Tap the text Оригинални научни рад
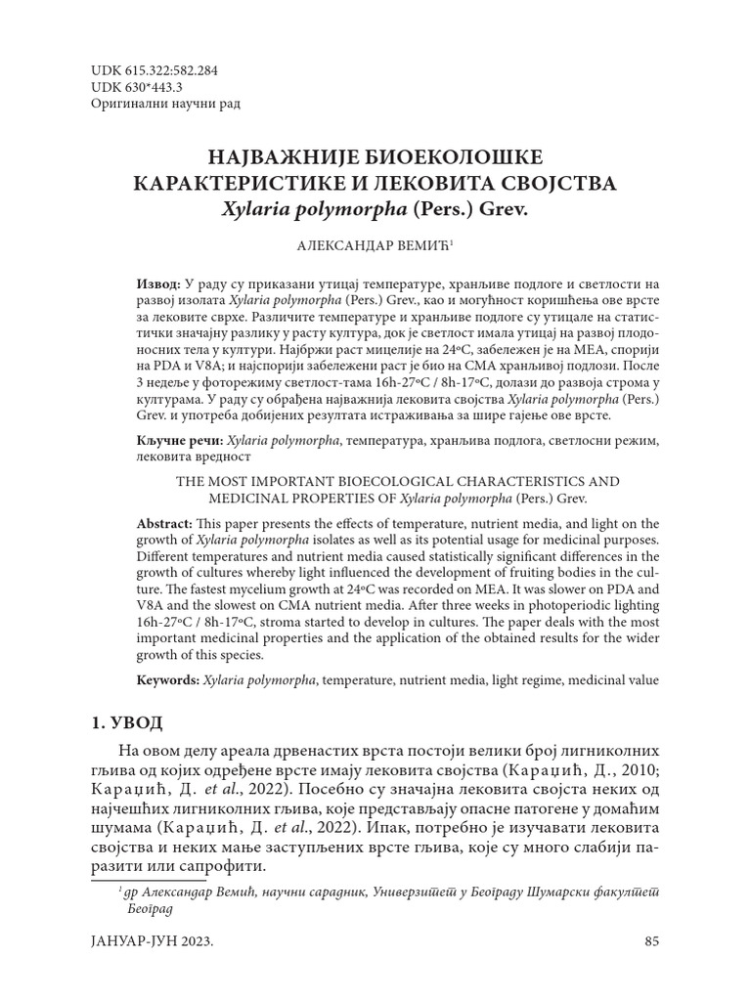[x=164, y=104]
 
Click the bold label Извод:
[x=157, y=283]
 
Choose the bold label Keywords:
[x=168, y=679]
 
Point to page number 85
[x=653, y=941]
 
